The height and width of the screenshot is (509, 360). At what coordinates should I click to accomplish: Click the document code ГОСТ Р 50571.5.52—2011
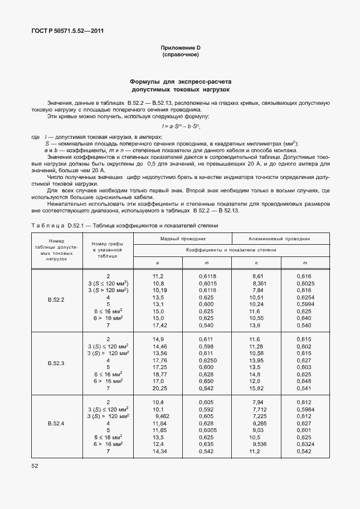pos(67,31)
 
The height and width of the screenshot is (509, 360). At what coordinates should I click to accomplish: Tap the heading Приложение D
pos(180,48)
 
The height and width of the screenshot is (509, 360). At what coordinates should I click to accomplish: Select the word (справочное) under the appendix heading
pos(180,55)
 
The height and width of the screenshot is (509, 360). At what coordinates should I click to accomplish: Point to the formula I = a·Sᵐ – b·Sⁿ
pos(181,127)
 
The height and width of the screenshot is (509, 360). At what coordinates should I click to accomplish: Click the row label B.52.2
pos(56,300)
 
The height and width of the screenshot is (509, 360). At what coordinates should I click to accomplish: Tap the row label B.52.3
pos(56,363)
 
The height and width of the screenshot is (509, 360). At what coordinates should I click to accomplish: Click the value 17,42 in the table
pos(160,325)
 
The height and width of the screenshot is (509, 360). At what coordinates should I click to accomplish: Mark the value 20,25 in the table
pos(160,388)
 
